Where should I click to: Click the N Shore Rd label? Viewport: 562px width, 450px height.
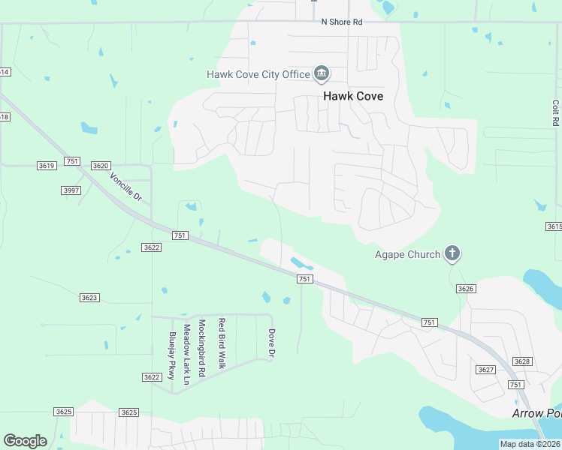click(x=342, y=22)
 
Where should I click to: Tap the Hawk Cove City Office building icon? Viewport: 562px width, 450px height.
click(x=322, y=73)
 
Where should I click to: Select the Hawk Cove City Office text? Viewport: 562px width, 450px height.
click(x=259, y=74)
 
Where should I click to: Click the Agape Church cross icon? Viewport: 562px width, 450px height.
click(x=452, y=253)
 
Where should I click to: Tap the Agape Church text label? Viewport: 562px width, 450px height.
click(x=407, y=254)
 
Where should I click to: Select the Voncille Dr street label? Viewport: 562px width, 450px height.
click(x=125, y=187)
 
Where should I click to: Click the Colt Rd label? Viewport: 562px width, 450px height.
click(x=555, y=112)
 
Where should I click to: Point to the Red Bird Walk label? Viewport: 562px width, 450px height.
click(x=222, y=343)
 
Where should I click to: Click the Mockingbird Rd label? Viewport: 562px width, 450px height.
click(x=201, y=348)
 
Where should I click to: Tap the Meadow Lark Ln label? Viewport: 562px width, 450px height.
click(x=186, y=355)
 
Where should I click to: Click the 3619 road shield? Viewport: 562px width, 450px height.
click(x=47, y=165)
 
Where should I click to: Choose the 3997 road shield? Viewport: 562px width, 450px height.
click(x=71, y=190)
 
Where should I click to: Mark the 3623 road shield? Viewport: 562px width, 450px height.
click(x=89, y=298)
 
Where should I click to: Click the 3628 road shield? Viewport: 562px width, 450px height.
click(x=522, y=361)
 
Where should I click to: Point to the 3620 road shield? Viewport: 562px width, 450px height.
click(x=101, y=165)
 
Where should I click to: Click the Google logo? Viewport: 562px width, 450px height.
click(x=26, y=441)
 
